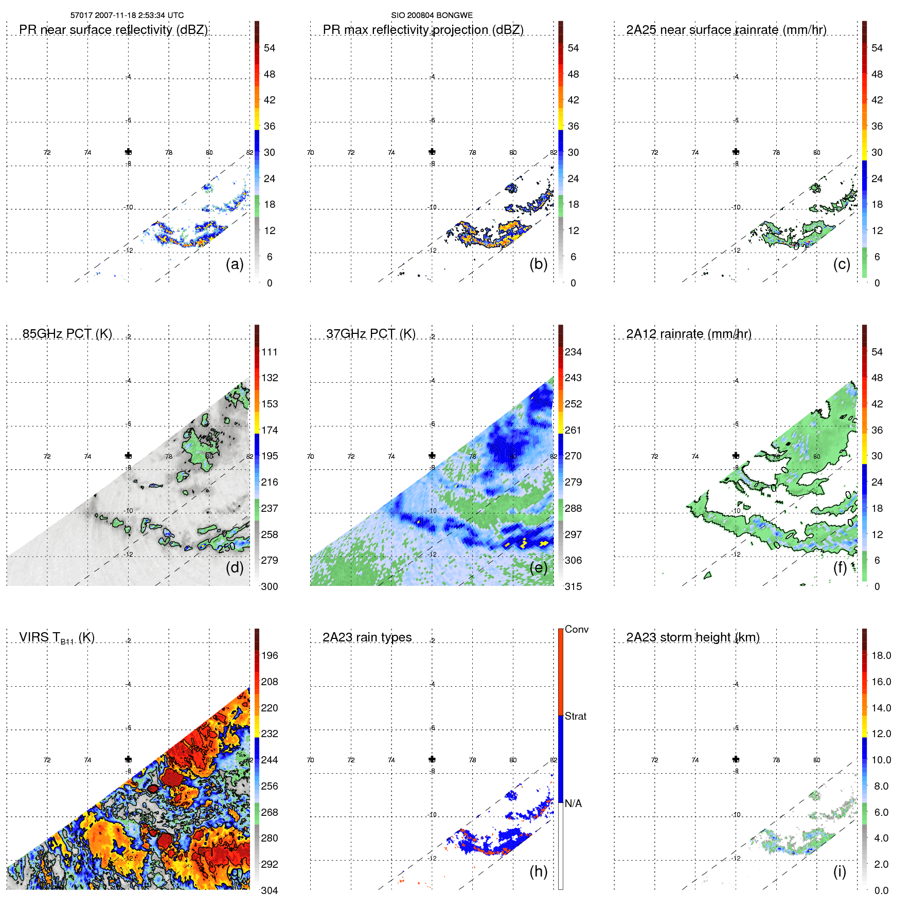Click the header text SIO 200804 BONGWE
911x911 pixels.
[432, 15]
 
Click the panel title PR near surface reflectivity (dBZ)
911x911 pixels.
[114, 30]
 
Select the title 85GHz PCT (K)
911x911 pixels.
[67, 334]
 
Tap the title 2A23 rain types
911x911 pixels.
[367, 637]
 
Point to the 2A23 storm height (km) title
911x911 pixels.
[693, 637]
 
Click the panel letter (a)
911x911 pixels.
[235, 264]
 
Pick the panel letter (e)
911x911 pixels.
[539, 567]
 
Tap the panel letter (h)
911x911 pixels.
[539, 871]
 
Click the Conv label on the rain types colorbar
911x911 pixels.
[577, 629]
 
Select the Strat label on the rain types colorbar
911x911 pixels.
[576, 716]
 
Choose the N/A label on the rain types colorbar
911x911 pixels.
[574, 803]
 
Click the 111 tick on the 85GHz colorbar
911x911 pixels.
[270, 352]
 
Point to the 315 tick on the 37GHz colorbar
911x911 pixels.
[573, 586]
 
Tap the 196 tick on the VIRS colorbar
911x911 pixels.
[270, 655]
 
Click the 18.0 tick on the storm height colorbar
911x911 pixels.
[881, 655]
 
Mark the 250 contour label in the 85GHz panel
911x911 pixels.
[226, 547]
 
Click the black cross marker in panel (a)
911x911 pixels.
[128, 152]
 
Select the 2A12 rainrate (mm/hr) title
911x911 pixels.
[689, 334]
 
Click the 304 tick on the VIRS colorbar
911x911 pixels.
[270, 890]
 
